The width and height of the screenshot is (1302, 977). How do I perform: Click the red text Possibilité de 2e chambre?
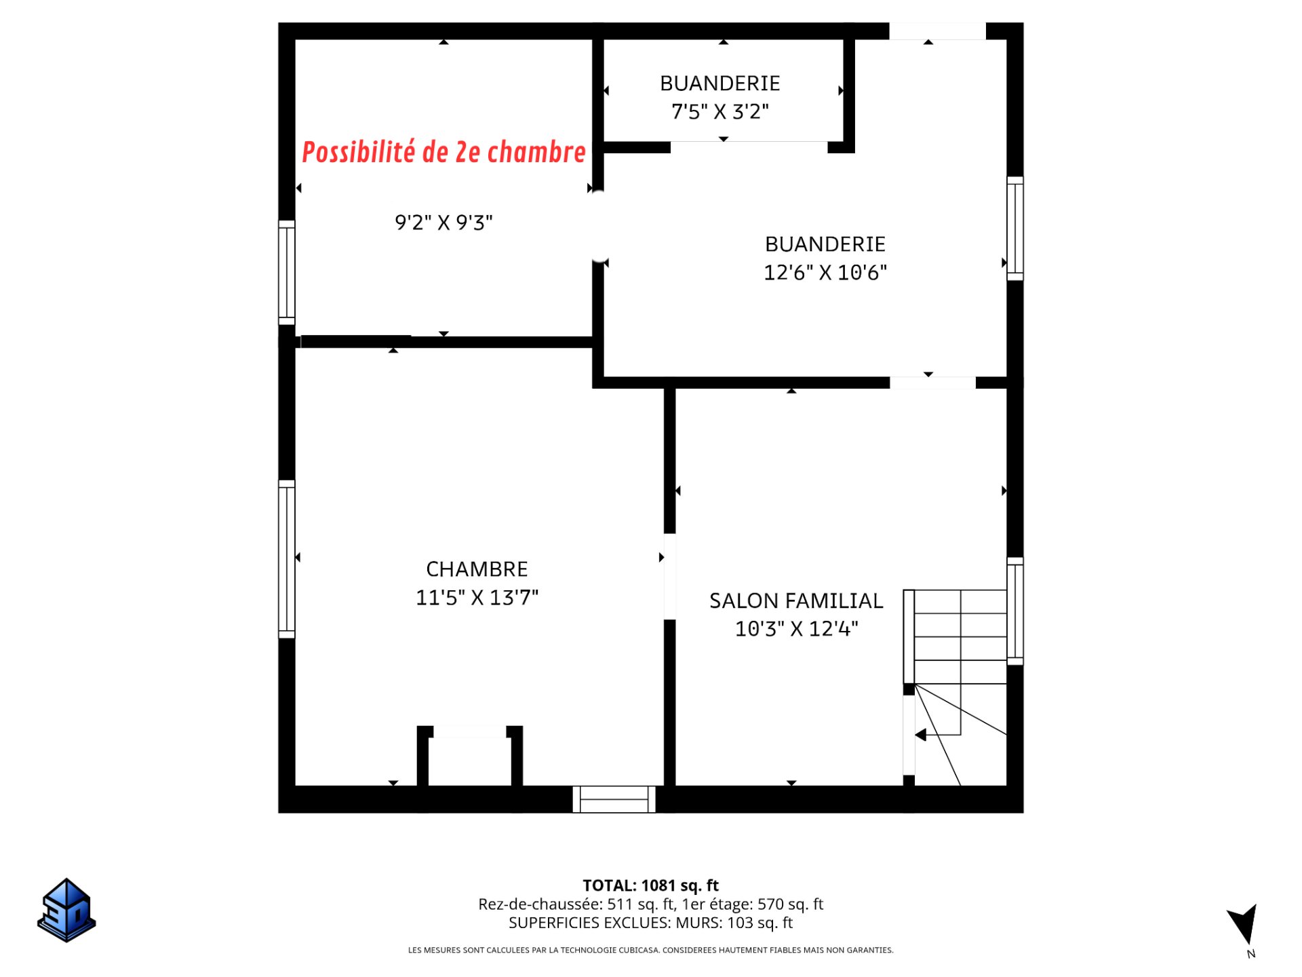443,152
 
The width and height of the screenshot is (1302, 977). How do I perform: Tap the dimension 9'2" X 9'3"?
443,223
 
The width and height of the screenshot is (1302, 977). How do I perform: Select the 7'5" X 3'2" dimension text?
720,111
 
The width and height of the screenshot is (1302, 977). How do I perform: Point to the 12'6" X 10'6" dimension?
825,272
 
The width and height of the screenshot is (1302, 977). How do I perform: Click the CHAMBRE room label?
477,569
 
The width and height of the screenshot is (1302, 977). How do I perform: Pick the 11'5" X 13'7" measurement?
477,597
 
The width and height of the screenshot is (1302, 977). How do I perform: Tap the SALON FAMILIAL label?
796,600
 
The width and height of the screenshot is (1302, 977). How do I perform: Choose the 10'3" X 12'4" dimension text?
796,629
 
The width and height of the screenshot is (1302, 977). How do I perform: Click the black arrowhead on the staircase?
920,735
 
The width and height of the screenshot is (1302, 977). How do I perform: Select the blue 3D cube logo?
66,911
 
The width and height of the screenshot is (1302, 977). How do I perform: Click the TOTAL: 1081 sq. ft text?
650,885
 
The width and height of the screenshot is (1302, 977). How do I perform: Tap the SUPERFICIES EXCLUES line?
650,923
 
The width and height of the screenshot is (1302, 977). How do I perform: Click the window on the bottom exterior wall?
614,799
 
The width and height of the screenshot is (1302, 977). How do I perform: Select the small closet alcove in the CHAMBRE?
469,756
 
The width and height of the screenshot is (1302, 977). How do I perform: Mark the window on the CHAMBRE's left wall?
287,559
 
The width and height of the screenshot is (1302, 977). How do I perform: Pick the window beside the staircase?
1015,611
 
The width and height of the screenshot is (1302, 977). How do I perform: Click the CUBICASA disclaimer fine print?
650,950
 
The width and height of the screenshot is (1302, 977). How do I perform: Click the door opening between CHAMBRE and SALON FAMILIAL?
670,577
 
